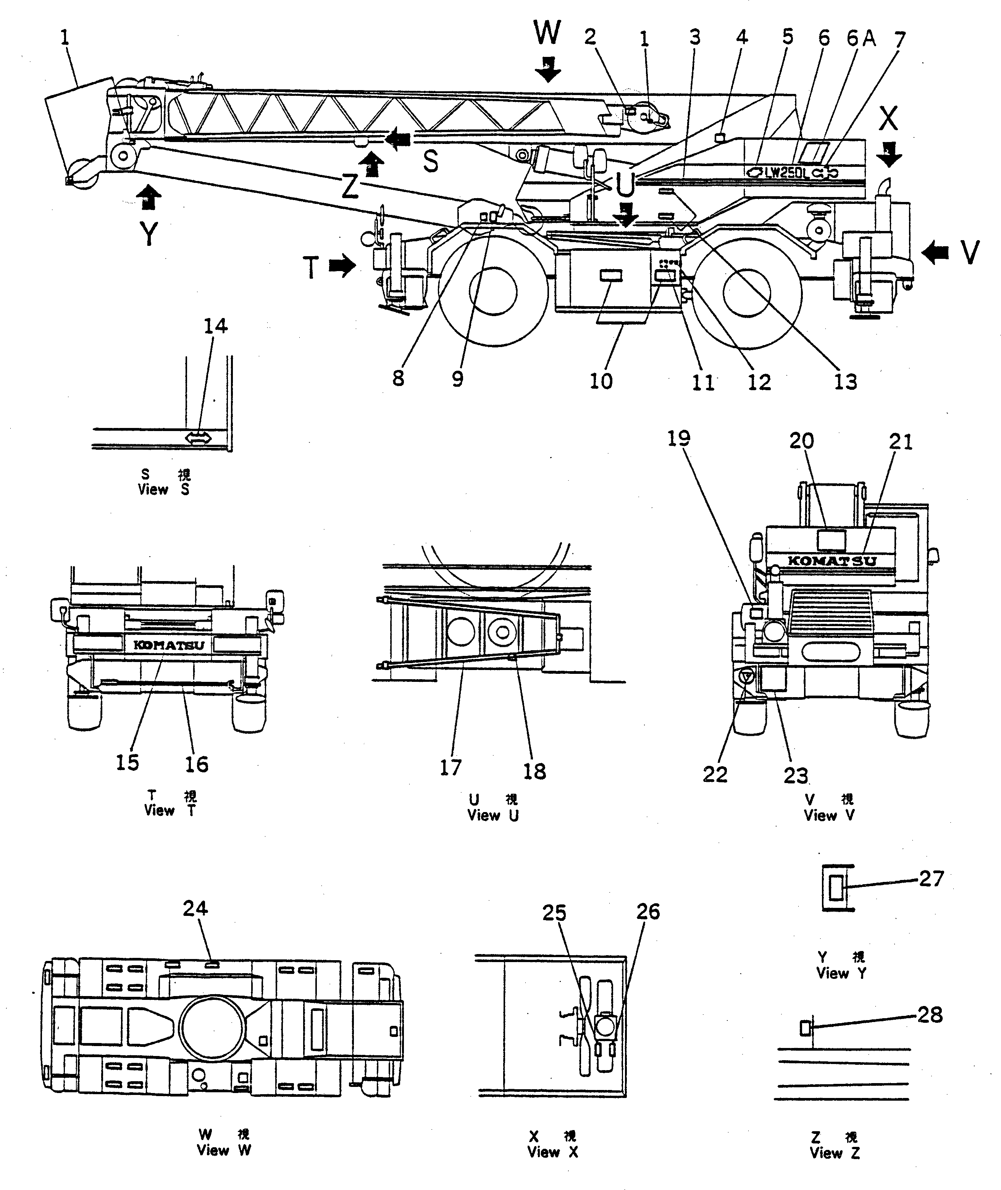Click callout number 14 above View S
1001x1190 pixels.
pyautogui.click(x=216, y=326)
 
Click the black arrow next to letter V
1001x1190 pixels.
pyautogui.click(x=935, y=252)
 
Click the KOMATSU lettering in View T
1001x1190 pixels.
pyautogui.click(x=168, y=645)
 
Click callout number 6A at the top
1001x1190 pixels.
pyautogui.click(x=861, y=38)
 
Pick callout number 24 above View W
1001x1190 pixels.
pyautogui.click(x=195, y=909)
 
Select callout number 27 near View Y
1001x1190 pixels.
pyautogui.click(x=931, y=879)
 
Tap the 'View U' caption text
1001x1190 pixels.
pyautogui.click(x=492, y=815)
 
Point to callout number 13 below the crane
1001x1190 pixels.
pyautogui.click(x=845, y=382)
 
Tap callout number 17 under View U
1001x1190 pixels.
pyautogui.click(x=451, y=768)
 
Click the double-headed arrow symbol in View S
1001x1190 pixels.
pyautogui.click(x=199, y=438)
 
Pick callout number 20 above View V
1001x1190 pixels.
pyautogui.click(x=802, y=441)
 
